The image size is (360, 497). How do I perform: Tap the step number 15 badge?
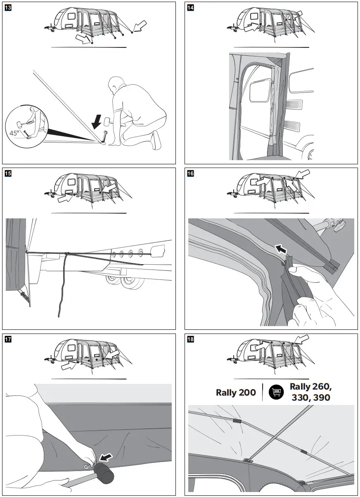click(8, 174)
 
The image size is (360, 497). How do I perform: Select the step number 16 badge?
click(190, 174)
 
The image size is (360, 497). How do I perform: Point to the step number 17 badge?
click(8, 340)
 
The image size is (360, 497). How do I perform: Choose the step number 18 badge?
click(190, 340)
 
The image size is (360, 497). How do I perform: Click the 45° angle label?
click(15, 133)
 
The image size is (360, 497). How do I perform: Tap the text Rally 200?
click(236, 392)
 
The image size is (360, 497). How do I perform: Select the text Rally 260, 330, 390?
click(310, 392)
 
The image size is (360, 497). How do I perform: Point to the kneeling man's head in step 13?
click(118, 86)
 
